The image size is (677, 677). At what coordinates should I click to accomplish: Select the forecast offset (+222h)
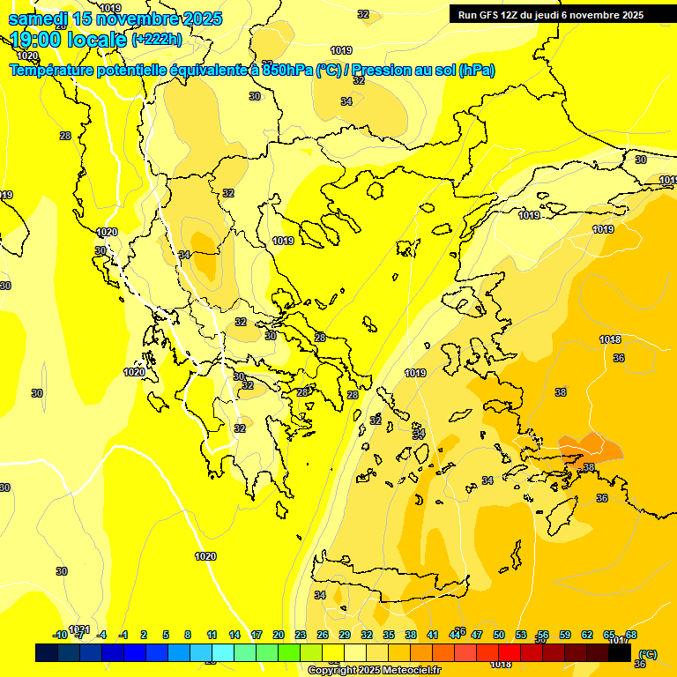coord(157,40)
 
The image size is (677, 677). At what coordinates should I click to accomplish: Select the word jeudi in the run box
coord(558,15)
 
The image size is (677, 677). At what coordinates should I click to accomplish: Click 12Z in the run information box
coord(513,15)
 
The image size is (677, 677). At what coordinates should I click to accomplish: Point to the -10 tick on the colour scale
coord(60,635)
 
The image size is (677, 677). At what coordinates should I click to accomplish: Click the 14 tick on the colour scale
coord(234,635)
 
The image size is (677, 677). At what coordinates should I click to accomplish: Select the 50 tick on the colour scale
coord(499,635)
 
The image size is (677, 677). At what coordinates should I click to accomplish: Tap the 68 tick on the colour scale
coord(631,635)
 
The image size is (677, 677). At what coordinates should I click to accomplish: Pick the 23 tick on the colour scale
coord(301,635)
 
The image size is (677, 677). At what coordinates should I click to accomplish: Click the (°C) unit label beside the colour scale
coord(647,653)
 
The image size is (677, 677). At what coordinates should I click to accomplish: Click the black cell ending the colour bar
coord(620,653)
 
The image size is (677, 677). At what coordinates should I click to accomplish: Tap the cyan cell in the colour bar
coord(223,653)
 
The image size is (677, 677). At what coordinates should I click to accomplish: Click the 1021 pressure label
coord(79,629)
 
